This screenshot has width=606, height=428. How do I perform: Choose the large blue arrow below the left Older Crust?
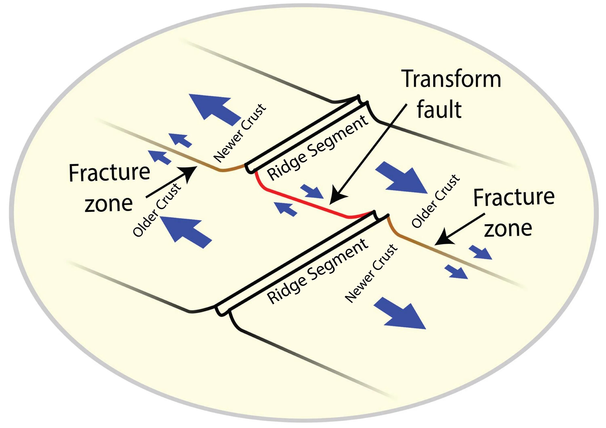[x=186, y=230]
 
